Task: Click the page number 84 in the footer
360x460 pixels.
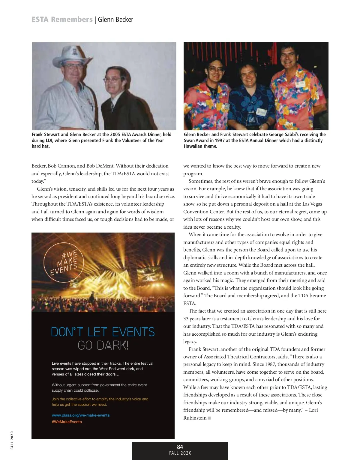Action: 180,447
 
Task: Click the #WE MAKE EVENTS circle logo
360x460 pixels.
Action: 64,262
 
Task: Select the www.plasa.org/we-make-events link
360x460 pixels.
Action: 81,415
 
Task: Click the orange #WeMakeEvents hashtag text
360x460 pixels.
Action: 67,422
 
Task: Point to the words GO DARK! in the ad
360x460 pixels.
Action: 103,346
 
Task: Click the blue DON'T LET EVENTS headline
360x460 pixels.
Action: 103,332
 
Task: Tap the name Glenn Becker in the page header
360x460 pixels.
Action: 115,20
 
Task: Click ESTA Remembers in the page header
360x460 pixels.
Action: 62,20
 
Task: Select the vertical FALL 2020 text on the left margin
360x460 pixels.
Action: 12,440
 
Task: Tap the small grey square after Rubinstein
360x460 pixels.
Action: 209,418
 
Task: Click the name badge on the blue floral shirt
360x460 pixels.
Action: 262,113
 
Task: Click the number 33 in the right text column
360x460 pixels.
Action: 186,319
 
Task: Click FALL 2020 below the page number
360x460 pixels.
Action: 180,453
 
